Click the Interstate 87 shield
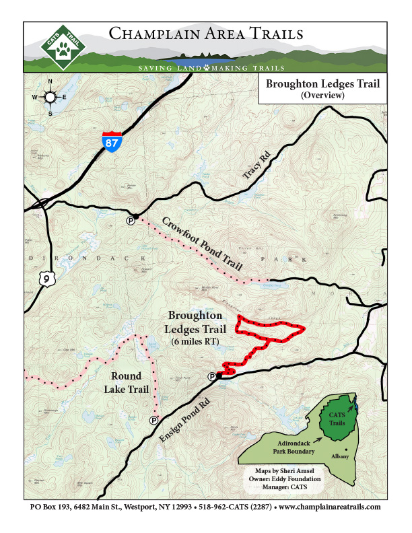point(112,142)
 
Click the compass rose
point(50,98)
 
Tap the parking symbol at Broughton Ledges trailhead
point(212,377)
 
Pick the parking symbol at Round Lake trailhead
point(153,421)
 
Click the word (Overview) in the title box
point(323,96)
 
